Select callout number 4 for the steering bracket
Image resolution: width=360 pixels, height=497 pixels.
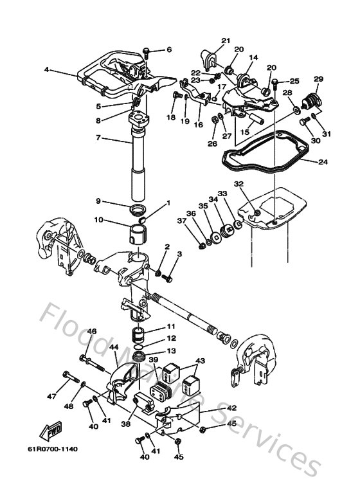coord(46,70)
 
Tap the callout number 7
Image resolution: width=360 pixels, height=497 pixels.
coord(98,138)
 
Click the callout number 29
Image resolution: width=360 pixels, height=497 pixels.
coord(318,79)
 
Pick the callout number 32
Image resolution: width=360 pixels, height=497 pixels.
coord(239,184)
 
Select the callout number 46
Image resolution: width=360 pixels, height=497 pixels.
coord(92,331)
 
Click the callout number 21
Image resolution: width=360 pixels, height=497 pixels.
coord(225,41)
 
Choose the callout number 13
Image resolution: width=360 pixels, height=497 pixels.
coord(170,351)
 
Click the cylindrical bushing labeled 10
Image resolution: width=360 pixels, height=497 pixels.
coord(139,231)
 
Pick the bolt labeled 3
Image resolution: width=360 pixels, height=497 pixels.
coord(169,278)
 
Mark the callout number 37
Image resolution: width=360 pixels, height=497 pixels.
coord(182,222)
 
